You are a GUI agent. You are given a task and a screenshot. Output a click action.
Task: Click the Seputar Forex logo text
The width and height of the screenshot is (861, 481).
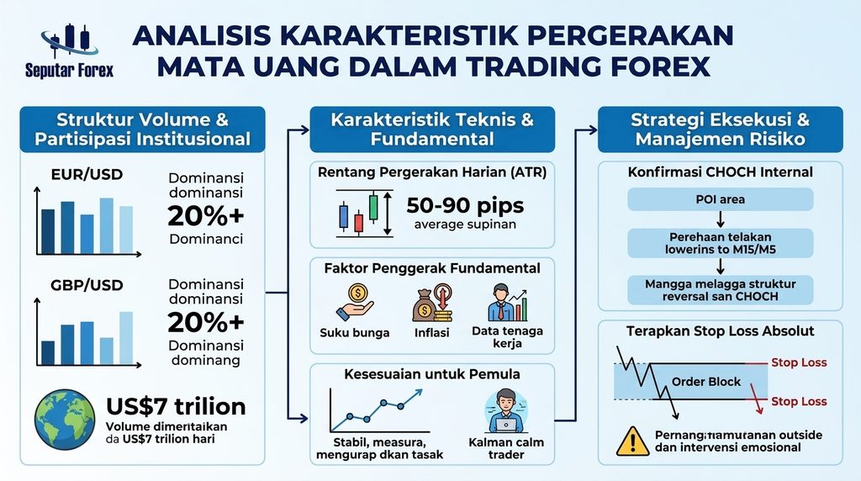point(69,71)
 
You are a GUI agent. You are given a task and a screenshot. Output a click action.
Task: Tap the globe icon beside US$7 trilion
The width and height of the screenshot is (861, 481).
point(64,420)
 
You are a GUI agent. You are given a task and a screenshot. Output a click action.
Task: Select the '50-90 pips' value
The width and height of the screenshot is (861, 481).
point(465,206)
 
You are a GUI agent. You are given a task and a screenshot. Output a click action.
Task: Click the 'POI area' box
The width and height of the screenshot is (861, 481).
point(720,199)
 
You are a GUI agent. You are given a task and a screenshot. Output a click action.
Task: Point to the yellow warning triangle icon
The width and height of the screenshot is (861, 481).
point(632,441)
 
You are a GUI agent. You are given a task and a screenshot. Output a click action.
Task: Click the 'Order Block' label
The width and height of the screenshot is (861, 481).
point(706,382)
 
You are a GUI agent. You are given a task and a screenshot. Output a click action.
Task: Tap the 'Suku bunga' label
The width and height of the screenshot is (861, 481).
point(355,333)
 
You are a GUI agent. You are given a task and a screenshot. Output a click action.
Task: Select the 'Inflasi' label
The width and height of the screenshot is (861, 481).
point(431,333)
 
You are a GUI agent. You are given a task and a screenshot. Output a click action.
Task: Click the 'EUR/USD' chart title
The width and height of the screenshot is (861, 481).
point(87,175)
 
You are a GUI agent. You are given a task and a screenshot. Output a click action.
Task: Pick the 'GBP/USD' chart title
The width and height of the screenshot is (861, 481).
point(87,285)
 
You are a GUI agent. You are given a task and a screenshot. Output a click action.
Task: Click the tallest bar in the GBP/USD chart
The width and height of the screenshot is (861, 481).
point(126,338)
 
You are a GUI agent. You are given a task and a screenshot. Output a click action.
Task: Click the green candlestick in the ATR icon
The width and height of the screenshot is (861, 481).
point(373,207)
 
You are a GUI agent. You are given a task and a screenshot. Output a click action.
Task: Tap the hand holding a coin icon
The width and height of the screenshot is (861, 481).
point(354,303)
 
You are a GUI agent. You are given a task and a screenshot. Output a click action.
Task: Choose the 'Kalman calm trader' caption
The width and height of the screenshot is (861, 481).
point(505,448)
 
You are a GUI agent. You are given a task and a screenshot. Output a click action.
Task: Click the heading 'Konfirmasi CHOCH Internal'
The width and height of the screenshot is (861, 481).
point(720,172)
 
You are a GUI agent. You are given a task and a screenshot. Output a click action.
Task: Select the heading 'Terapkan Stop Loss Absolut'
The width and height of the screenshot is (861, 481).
point(720,331)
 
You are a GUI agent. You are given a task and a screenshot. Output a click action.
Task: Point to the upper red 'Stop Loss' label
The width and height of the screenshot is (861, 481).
point(799,362)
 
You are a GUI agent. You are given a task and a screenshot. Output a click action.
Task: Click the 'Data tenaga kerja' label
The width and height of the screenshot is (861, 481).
point(507,337)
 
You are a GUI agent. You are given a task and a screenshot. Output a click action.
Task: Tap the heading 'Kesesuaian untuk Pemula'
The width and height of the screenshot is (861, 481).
point(432,374)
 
